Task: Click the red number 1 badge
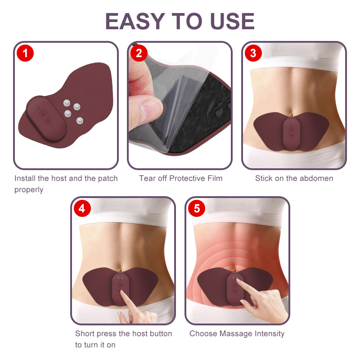[25, 53]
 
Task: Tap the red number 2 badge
[139, 53]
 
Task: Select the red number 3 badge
[253, 53]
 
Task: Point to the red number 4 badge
[82, 208]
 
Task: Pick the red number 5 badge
[197, 208]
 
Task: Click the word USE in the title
[232, 21]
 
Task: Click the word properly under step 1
[29, 190]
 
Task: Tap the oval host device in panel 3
[291, 133]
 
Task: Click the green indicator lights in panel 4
[120, 278]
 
